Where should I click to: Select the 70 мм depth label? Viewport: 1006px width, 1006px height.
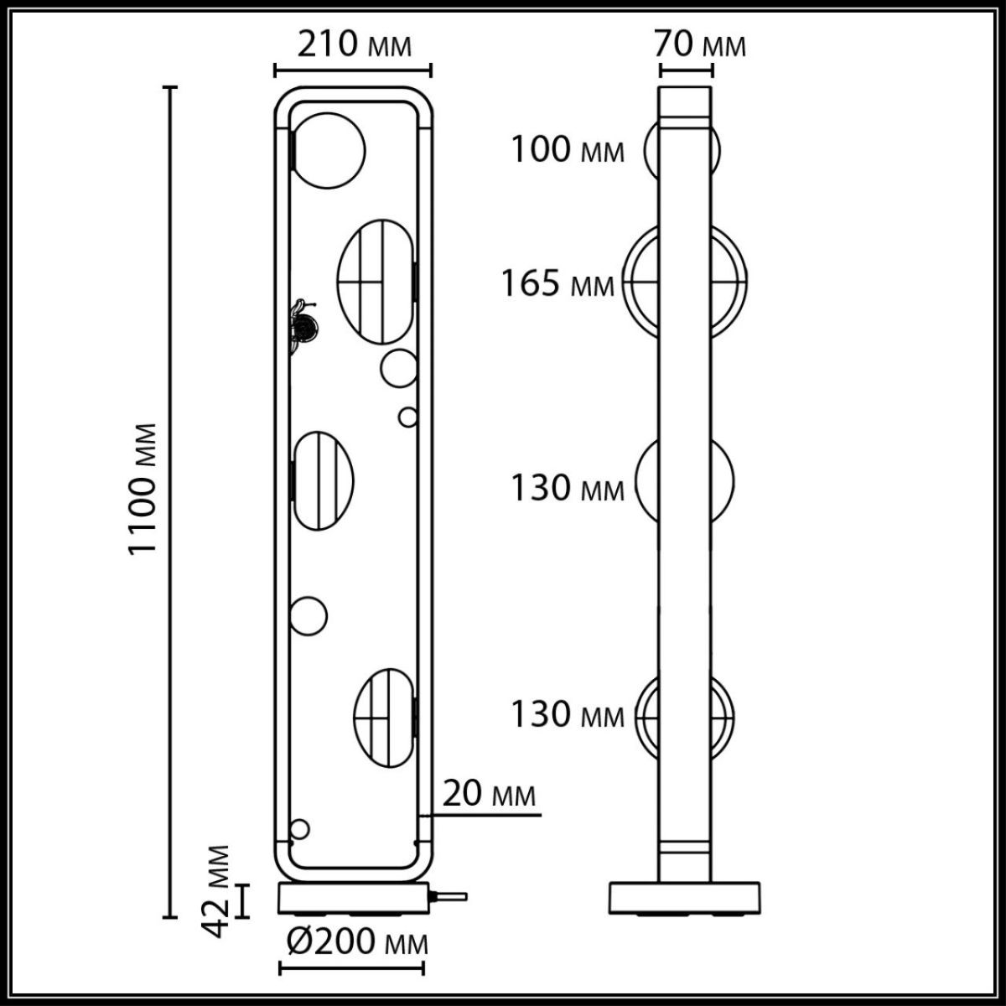click(699, 43)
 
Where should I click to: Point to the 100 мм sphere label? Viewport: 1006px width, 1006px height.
click(568, 151)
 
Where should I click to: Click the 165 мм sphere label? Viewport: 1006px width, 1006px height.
click(557, 283)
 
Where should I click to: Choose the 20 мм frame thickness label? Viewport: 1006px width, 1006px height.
click(488, 793)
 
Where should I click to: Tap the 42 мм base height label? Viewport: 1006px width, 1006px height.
click(218, 891)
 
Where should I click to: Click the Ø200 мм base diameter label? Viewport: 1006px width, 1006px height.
click(356, 942)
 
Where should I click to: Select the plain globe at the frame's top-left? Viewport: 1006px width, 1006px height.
click(327, 150)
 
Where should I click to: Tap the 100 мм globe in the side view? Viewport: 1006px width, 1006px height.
click(683, 152)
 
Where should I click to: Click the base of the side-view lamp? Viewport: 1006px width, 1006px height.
click(684, 898)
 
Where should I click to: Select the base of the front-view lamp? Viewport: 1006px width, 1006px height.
click(352, 899)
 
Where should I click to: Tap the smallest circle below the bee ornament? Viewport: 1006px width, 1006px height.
click(407, 417)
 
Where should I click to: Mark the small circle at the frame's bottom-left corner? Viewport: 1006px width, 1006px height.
click(299, 829)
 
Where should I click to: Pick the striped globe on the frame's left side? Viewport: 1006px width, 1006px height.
click(322, 480)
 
